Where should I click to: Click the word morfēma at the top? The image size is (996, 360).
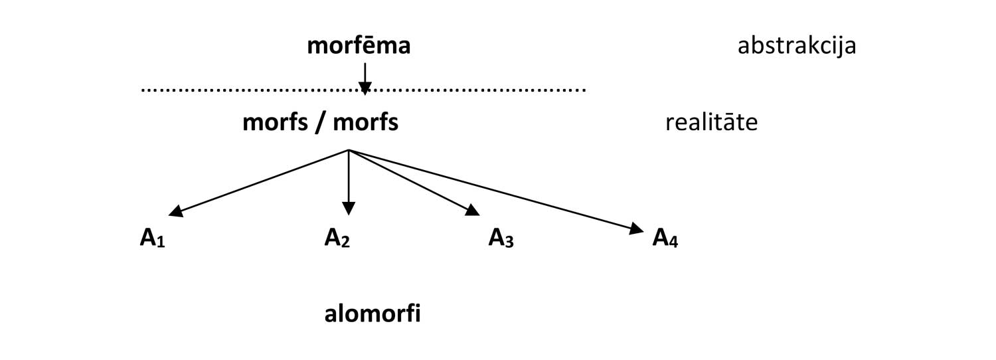pos(359,47)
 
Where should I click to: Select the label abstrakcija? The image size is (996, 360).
pos(796,48)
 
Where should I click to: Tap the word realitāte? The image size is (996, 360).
pos(711,124)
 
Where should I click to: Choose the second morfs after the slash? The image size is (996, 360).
pos(366,124)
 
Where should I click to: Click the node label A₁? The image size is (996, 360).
pos(151,238)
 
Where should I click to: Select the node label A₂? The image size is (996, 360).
pos(337,238)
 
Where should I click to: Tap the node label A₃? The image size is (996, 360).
pos(501,238)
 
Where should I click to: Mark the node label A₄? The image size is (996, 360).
pos(665,238)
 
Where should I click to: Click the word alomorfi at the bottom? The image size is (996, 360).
pos(373,314)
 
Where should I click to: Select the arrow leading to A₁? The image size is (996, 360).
pos(259,182)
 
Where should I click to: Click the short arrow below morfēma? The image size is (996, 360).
pos(365,74)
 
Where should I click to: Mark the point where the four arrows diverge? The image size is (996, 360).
pos(349,151)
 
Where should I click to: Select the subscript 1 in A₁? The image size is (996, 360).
pos(161,242)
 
